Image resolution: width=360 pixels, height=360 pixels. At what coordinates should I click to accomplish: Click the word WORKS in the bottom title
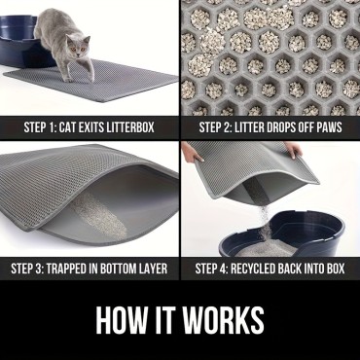(x=225, y=320)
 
